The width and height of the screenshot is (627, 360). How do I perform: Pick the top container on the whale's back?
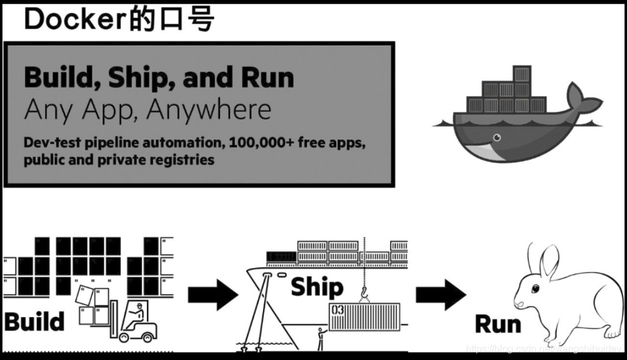tap(521, 74)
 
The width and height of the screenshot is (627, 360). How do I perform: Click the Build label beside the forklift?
tap(34, 321)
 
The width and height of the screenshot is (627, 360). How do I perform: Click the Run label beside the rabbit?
tap(499, 324)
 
